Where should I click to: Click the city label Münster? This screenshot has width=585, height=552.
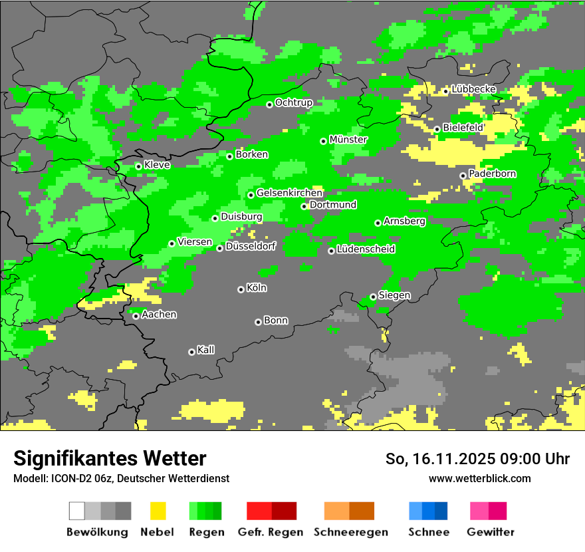coord(348,140)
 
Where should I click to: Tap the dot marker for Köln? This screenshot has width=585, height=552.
coord(241,289)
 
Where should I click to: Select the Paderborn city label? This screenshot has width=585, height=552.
coord(492,174)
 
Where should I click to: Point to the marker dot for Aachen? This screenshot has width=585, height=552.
coord(136,316)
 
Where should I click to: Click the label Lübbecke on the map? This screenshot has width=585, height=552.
coord(473,89)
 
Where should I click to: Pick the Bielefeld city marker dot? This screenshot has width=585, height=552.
coord(437,129)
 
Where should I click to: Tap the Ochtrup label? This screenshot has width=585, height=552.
coord(293,102)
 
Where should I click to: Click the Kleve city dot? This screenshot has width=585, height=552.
coord(138,166)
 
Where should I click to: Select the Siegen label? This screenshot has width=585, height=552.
coord(394,295)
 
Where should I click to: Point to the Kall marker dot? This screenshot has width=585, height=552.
coord(191,352)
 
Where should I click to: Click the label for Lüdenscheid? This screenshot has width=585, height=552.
coord(366,249)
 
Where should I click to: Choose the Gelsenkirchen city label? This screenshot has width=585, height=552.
coord(289,193)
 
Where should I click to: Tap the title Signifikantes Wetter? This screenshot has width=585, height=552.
coord(110,458)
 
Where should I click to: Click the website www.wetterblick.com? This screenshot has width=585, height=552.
coord(479,478)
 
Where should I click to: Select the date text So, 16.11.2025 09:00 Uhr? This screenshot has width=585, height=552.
coord(477,459)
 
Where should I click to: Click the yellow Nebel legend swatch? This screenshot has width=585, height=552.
coord(158,511)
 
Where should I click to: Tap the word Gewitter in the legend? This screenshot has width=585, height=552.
coord(490,532)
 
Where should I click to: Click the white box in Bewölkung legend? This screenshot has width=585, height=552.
coord(77,511)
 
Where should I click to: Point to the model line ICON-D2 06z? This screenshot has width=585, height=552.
coord(121,478)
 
